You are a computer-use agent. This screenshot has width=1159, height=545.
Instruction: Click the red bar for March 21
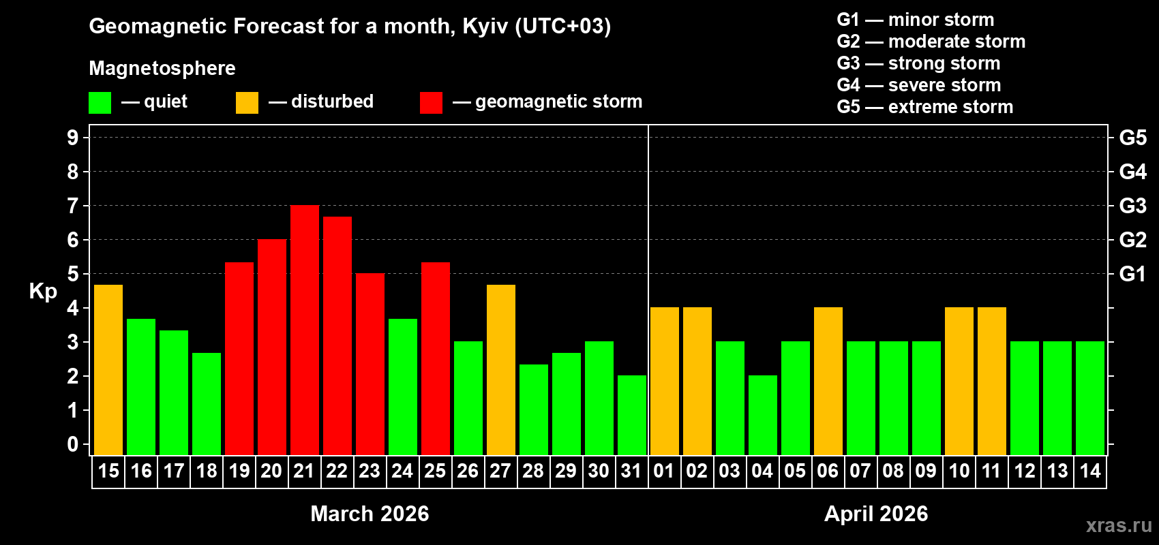pyautogui.click(x=305, y=330)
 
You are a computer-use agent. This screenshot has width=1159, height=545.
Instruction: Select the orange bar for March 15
pyautogui.click(x=108, y=370)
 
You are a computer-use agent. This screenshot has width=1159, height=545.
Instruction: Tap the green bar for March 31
pyautogui.click(x=632, y=416)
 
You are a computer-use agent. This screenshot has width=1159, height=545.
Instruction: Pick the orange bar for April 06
pyautogui.click(x=828, y=381)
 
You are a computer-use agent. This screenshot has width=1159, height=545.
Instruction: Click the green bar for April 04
pyautogui.click(x=763, y=416)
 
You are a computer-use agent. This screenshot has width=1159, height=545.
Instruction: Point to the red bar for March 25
pyautogui.click(x=436, y=359)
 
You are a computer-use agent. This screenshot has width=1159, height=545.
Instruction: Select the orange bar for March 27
pyautogui.click(x=501, y=370)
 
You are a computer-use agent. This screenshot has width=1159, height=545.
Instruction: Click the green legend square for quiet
pyautogui.click(x=100, y=103)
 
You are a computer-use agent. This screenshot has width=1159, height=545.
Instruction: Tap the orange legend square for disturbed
pyautogui.click(x=247, y=103)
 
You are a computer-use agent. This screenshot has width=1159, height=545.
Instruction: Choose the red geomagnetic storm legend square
pyautogui.click(x=431, y=103)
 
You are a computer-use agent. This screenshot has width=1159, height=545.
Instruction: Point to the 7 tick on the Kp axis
pyautogui.click(x=73, y=206)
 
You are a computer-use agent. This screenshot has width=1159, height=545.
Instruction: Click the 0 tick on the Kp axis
pyautogui.click(x=73, y=445)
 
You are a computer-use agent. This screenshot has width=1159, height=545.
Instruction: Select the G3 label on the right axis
pyautogui.click(x=1132, y=206)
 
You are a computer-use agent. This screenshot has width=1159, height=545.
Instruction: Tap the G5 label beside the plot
pyautogui.click(x=1132, y=138)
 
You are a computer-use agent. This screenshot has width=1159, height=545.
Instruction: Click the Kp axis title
pyautogui.click(x=43, y=292)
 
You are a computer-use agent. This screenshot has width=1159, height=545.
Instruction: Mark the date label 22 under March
pyautogui.click(x=337, y=471)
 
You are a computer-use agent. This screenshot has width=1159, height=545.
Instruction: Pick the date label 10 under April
pyautogui.click(x=959, y=471)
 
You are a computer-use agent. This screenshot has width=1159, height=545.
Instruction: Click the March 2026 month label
pyautogui.click(x=370, y=514)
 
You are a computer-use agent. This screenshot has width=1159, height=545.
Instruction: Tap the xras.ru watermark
pyautogui.click(x=1119, y=525)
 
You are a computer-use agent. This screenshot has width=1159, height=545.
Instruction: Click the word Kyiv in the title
pyautogui.click(x=485, y=27)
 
